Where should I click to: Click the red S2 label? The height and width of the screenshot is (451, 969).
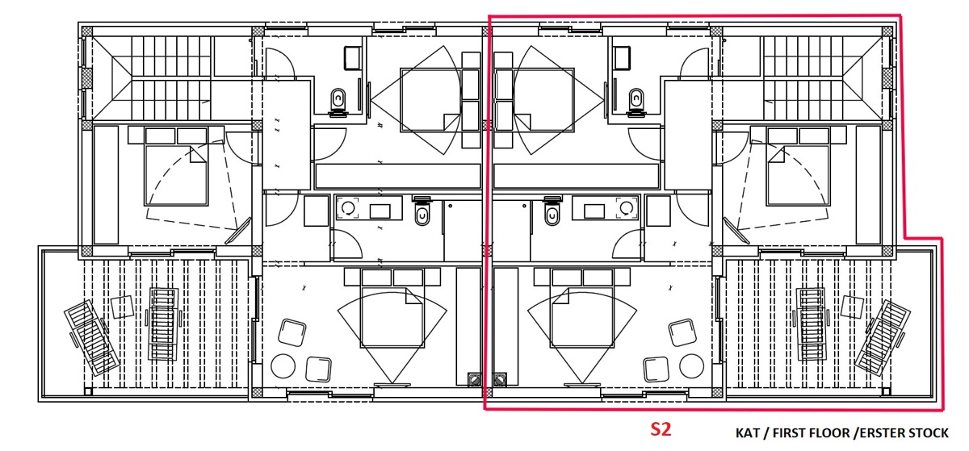pos(661,429)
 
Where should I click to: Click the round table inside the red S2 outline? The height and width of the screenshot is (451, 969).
pos(691,366)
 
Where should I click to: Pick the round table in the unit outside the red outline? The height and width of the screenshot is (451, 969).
pos(283,366)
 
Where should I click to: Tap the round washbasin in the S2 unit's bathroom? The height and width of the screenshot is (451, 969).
pos(626,208)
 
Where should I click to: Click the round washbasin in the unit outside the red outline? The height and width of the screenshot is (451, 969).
pos(348,208)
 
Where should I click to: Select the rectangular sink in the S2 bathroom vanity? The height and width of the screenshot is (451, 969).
pos(594,211)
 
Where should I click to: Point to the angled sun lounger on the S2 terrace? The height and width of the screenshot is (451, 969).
pos(883,338)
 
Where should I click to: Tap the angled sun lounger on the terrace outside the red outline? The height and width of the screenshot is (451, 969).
pos(92,338)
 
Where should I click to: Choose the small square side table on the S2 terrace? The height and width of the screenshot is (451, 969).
pos(853,307)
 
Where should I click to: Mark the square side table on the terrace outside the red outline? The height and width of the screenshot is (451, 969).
pos(123,307)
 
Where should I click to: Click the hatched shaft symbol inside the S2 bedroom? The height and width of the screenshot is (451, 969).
pos(500,380)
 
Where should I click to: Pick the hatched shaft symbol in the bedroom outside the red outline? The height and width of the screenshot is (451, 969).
pos(475,380)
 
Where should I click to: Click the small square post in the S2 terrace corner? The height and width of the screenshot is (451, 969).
pos(886,392)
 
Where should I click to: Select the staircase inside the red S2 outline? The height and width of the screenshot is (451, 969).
pos(822,77)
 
